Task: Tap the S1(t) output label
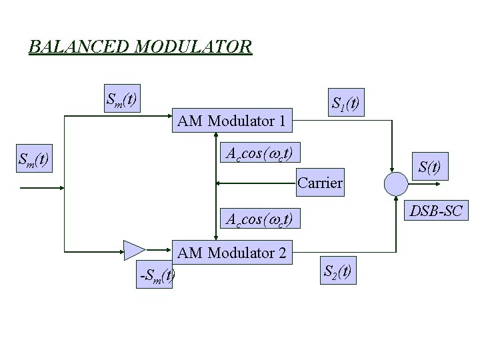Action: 346,103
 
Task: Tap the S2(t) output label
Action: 338,271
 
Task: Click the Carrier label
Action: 320,183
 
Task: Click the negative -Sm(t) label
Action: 157,274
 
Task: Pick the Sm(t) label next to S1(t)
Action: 122,100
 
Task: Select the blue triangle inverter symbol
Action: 134,251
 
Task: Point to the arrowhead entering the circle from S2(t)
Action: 396,197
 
